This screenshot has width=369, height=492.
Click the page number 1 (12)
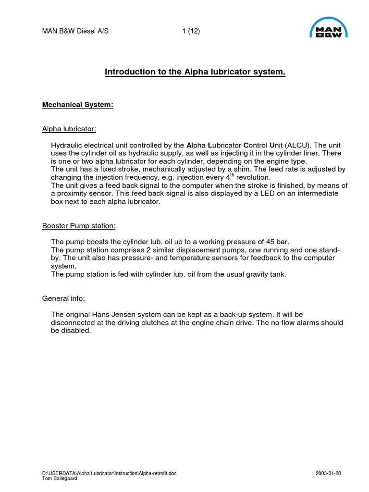point(191,32)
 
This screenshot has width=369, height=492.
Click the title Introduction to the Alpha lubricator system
point(195,72)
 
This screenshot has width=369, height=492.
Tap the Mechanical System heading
point(78,104)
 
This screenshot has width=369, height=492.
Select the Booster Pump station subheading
point(79,226)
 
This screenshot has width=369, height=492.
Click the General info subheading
point(63,298)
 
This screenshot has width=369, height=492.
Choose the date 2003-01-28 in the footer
point(328,473)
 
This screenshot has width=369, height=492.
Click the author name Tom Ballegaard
point(59,478)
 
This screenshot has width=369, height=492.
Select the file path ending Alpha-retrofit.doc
point(109,473)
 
